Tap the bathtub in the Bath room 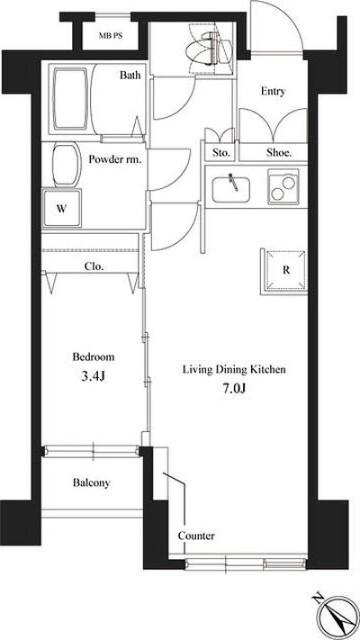[x=70, y=100]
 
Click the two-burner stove [x=282, y=186]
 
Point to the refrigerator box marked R [x=284, y=271]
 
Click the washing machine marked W [x=62, y=209]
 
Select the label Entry [x=273, y=91]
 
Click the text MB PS [x=110, y=36]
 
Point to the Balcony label [x=91, y=483]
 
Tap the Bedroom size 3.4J [x=93, y=376]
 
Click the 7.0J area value [x=233, y=387]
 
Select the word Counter [x=196, y=536]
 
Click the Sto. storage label [x=222, y=153]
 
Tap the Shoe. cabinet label [x=279, y=153]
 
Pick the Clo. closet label [x=94, y=267]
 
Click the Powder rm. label [x=115, y=160]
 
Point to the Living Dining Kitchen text [x=233, y=370]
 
